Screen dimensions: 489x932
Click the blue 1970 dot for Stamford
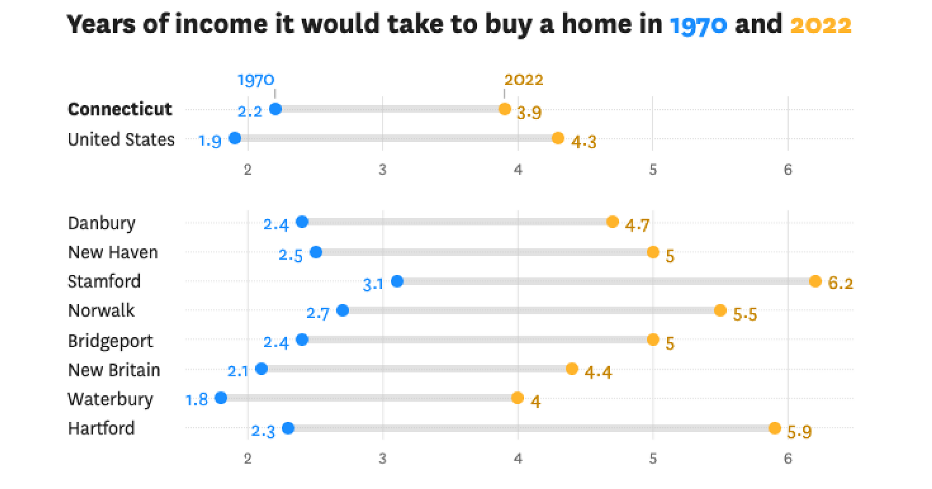point(397,281)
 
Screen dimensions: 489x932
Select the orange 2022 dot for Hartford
point(775,428)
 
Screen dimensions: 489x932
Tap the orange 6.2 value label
point(840,283)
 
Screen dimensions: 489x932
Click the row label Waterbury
point(110,399)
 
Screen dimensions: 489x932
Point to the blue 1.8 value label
point(197,400)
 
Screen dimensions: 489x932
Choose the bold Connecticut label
point(120,109)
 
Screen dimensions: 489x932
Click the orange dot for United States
point(557,138)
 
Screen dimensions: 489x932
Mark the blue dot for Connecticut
point(275,109)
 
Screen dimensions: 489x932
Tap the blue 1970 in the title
point(699,25)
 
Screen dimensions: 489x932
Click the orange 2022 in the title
point(821,25)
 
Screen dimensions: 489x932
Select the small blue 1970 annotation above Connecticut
point(256,81)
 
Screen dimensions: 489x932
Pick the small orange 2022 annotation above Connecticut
point(524,80)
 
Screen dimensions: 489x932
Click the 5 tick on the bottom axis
point(653,459)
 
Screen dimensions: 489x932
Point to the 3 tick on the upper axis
point(382,170)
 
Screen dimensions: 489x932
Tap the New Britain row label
point(114,370)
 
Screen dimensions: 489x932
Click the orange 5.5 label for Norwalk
point(745,314)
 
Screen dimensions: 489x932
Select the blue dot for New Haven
point(316,252)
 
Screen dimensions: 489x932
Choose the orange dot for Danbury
point(613,222)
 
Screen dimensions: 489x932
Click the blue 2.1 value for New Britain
point(238,372)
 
